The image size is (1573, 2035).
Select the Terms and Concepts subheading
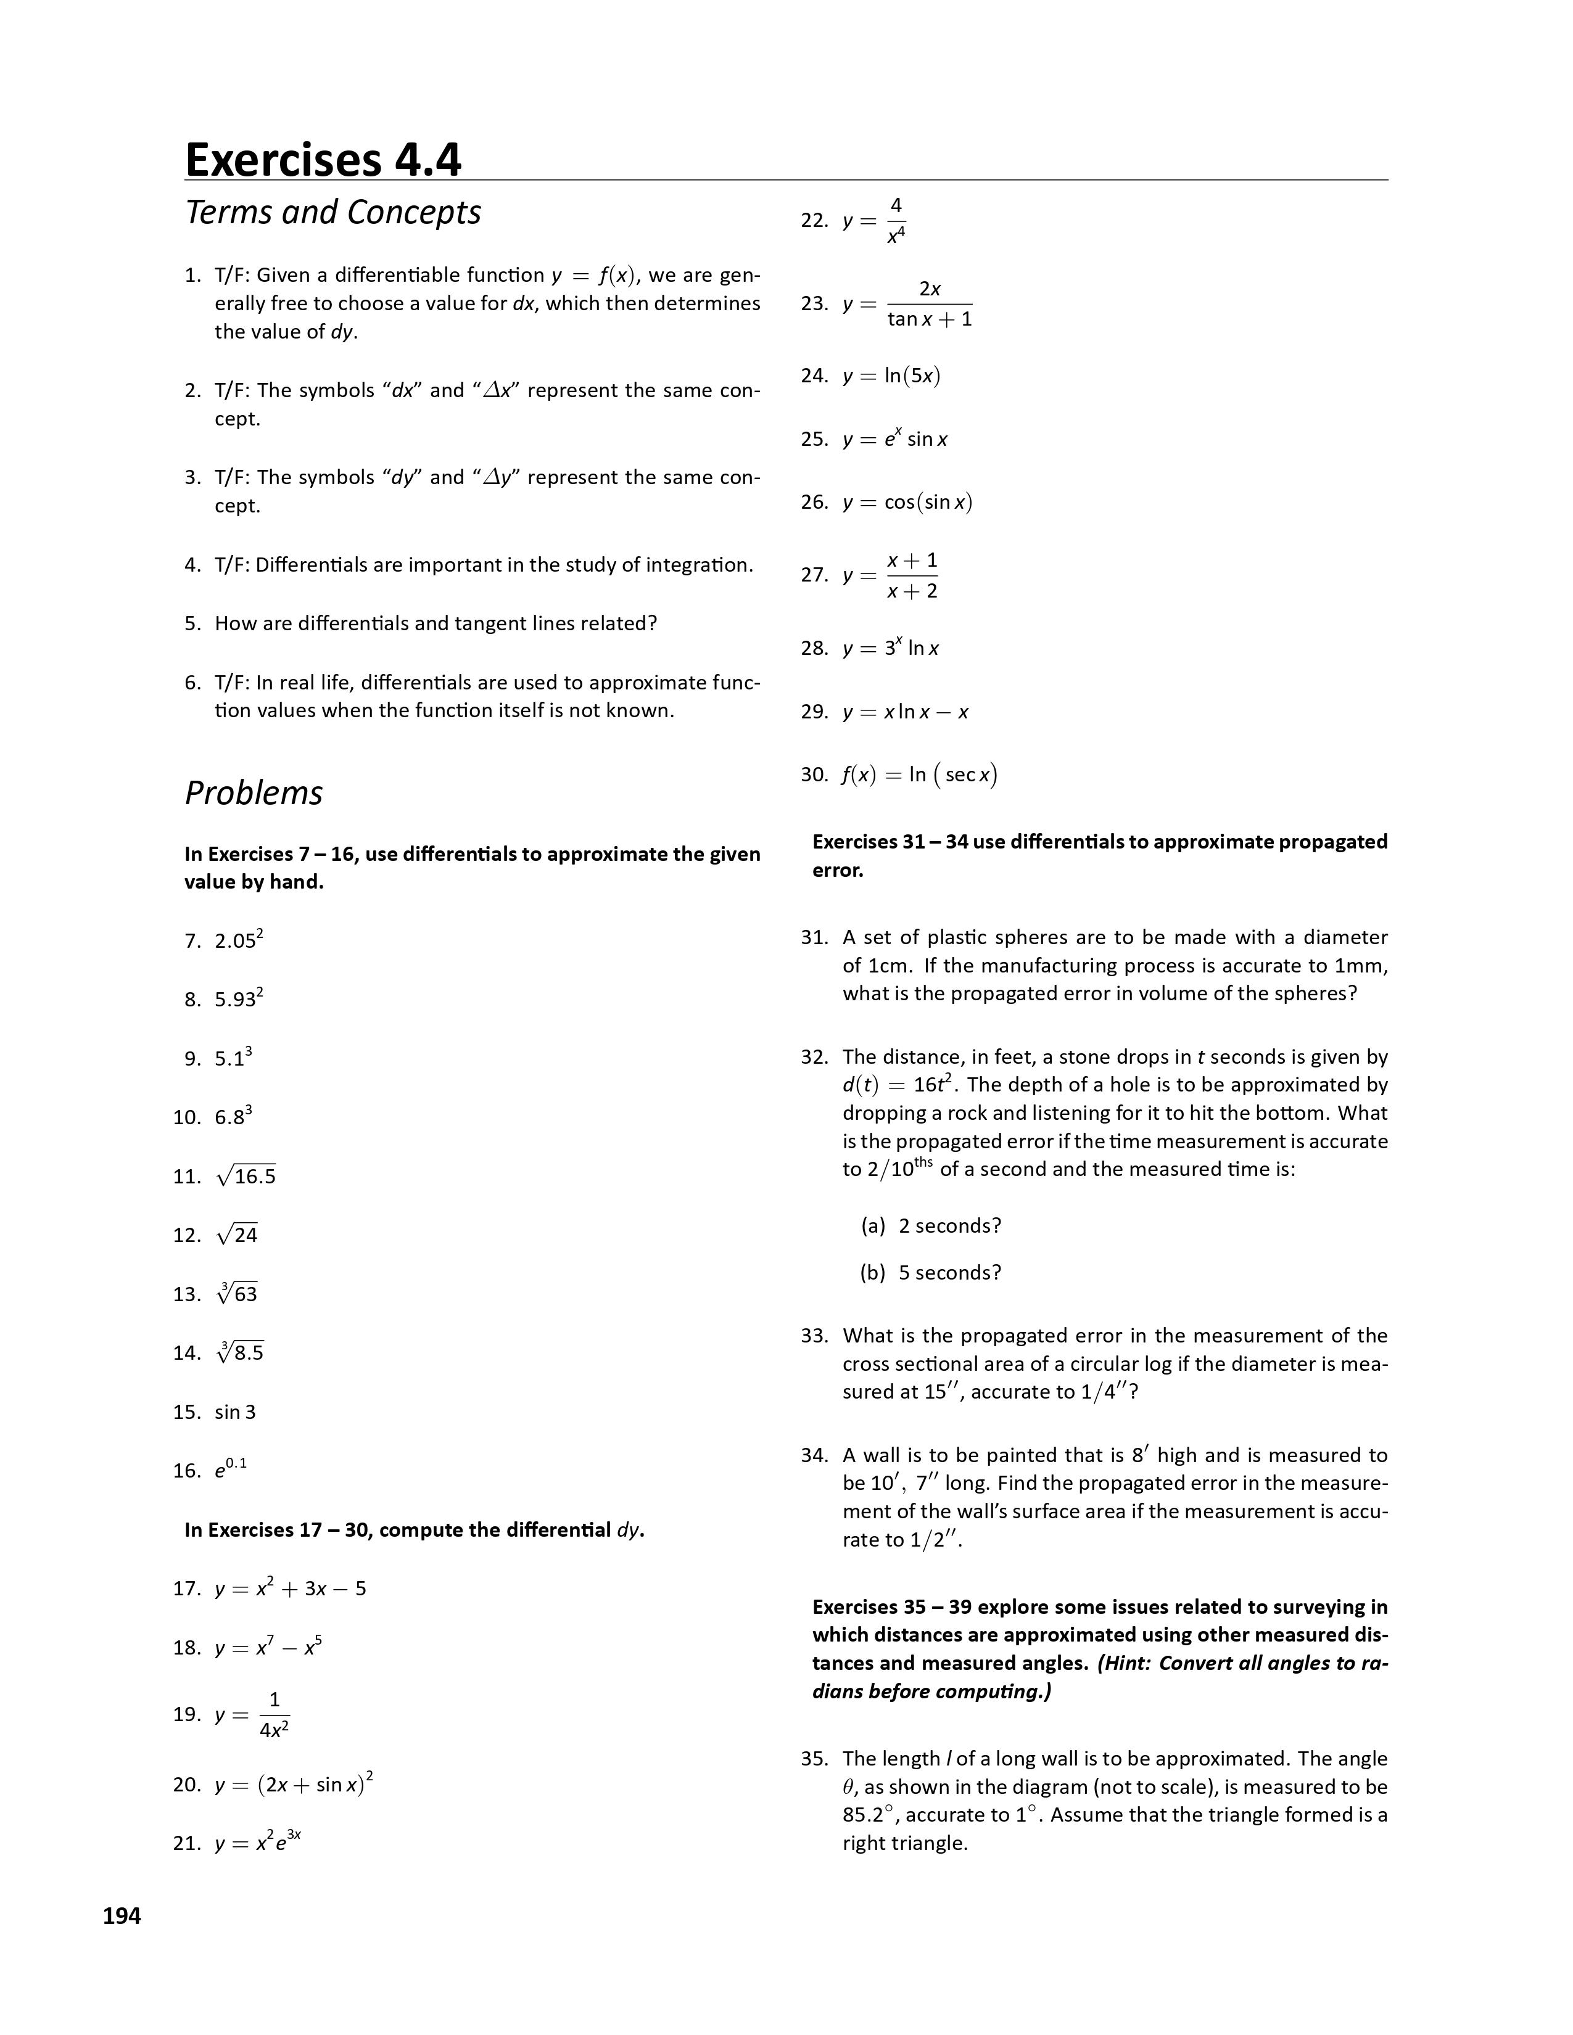(x=332, y=213)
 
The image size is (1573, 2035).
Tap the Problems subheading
(x=254, y=793)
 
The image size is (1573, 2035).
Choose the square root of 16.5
(x=246, y=1176)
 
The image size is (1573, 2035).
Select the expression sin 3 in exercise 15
(x=235, y=1412)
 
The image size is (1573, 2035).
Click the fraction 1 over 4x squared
(x=274, y=1714)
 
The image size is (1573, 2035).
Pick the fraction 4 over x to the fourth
(x=896, y=221)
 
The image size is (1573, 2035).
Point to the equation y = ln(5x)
(x=891, y=376)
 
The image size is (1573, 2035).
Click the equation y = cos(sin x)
(x=907, y=502)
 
